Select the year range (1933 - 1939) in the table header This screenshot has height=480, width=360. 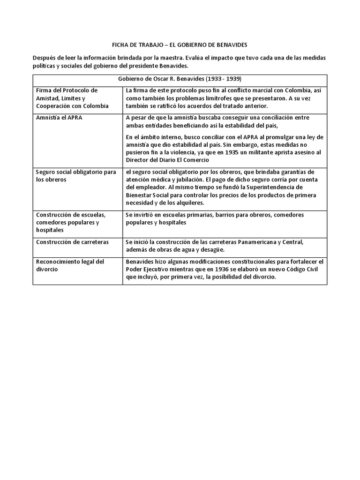tap(225, 79)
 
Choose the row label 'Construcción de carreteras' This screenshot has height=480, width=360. tap(72, 242)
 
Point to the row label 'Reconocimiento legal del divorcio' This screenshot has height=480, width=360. tap(70, 265)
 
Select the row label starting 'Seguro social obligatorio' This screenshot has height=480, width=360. tap(75, 176)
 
